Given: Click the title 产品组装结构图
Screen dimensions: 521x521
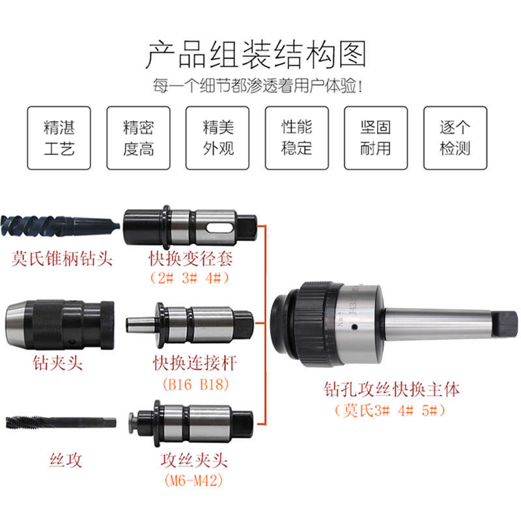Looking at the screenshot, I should (255, 55).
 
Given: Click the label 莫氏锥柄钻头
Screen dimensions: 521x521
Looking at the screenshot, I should (63, 259).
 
